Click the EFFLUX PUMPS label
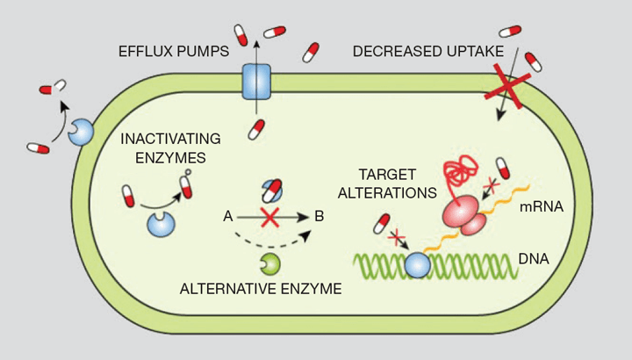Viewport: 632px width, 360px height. point(174,52)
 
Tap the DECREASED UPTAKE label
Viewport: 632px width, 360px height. point(428,52)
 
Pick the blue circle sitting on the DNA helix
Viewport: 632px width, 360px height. point(417,265)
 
